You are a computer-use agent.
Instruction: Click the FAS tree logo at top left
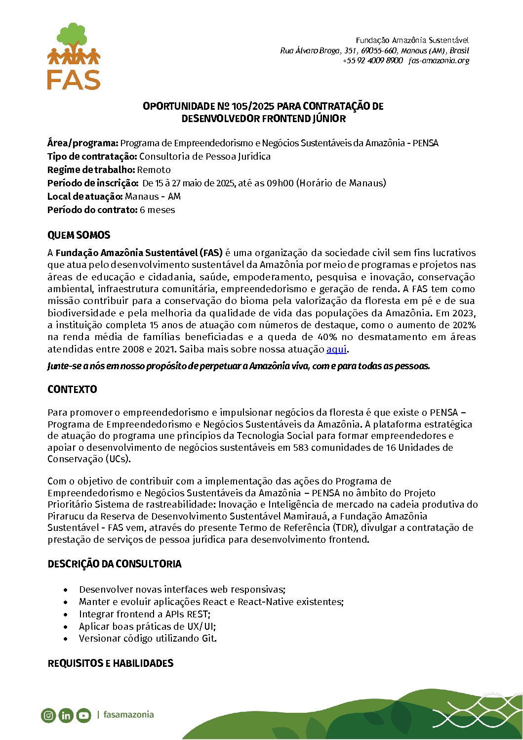point(74,56)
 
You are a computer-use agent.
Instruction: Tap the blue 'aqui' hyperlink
point(336,349)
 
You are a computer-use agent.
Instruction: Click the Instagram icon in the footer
point(48,715)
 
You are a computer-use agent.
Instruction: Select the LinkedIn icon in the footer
point(66,715)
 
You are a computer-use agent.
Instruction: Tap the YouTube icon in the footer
point(83,715)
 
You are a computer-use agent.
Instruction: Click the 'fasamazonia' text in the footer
point(128,715)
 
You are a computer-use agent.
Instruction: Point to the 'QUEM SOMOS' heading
point(79,235)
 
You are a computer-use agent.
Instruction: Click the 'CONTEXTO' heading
point(72,390)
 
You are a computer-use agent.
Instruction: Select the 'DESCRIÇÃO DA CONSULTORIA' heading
point(114,564)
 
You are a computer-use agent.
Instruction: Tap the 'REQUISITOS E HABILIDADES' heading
point(110,663)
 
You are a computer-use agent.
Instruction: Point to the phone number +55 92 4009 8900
point(373,61)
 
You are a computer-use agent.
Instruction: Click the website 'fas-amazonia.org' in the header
point(439,61)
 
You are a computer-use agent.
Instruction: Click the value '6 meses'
point(158,210)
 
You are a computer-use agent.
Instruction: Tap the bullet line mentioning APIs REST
point(144,614)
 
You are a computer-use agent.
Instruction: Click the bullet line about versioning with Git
point(148,639)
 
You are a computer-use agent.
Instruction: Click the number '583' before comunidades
point(301,448)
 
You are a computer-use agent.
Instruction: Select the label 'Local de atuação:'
point(85,197)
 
